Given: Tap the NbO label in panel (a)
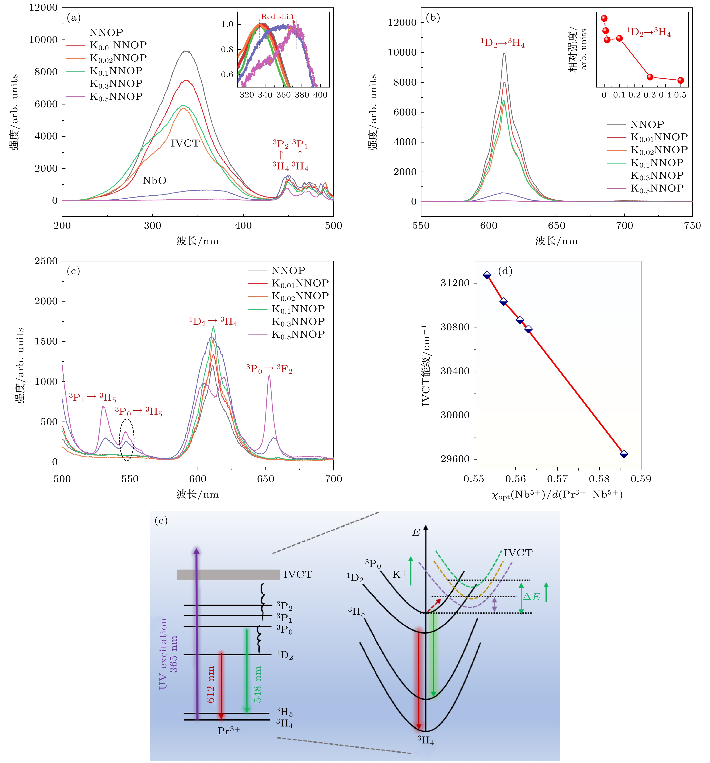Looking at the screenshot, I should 154,180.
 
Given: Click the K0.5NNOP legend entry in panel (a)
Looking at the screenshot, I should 116,96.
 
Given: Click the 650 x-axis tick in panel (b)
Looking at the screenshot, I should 557,225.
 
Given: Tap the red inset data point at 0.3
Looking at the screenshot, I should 650,77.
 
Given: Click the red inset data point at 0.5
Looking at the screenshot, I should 681,80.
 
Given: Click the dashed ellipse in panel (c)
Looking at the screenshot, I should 127,439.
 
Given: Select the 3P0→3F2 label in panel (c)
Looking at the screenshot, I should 269,369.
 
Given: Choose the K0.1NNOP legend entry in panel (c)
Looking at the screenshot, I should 298,309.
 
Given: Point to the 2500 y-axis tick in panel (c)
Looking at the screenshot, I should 46,261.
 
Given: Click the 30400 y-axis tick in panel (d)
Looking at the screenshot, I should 455,371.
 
